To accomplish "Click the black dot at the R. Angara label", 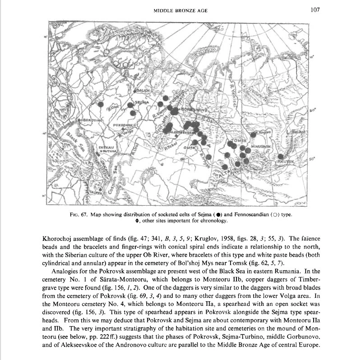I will [254, 134].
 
